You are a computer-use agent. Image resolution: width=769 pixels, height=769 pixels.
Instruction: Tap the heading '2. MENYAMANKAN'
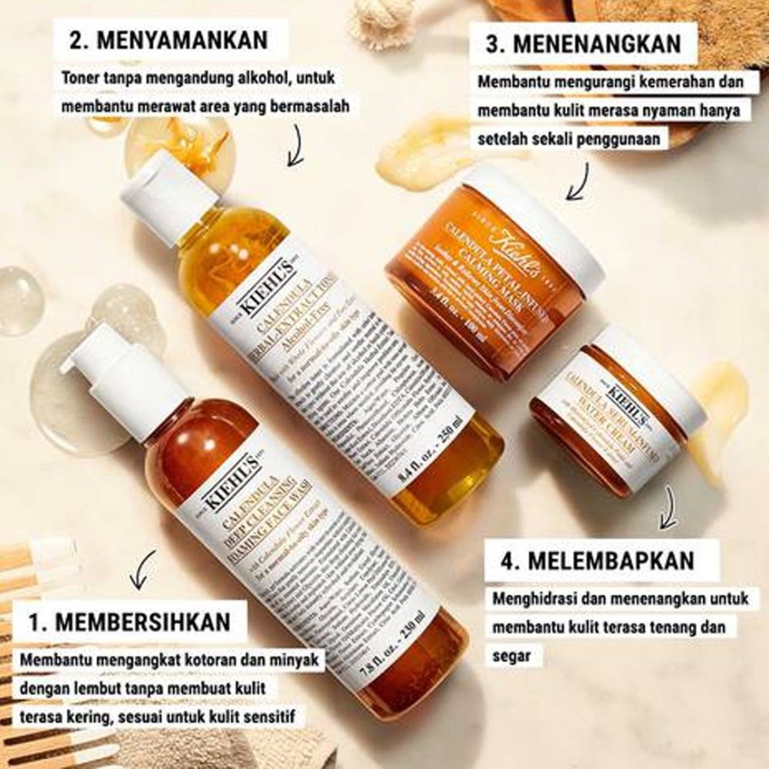tap(168, 40)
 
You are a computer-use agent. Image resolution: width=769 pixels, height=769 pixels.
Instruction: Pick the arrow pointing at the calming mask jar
tap(578, 181)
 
